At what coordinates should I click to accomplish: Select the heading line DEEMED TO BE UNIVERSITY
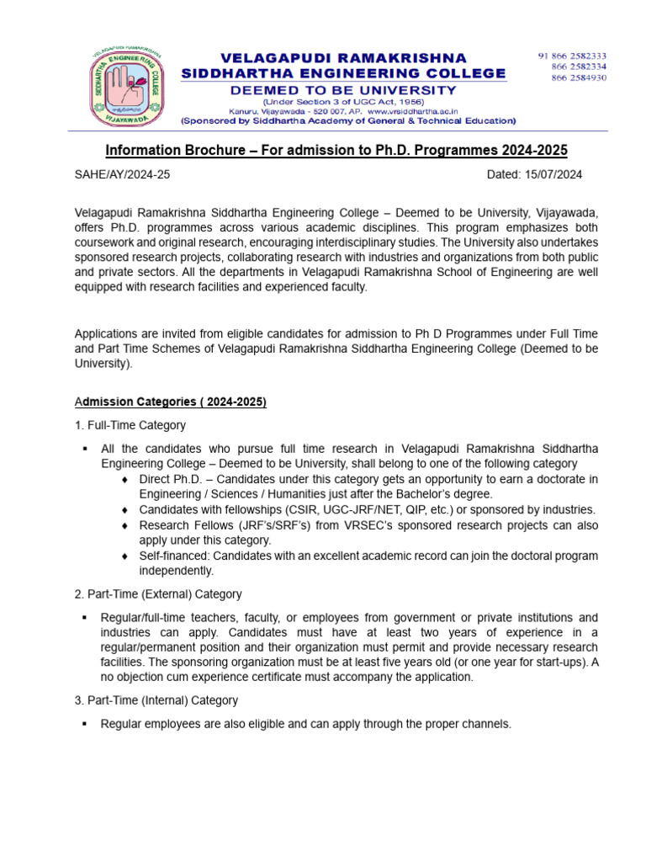click(x=344, y=90)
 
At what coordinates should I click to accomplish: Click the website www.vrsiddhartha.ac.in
click(x=411, y=110)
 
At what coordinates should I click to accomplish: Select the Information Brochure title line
click(x=336, y=150)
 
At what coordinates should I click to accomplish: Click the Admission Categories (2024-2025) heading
click(x=171, y=402)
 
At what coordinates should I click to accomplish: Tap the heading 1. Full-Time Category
click(x=130, y=425)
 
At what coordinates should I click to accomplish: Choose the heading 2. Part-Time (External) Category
click(x=158, y=594)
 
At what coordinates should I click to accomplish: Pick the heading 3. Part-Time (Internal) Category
click(x=156, y=700)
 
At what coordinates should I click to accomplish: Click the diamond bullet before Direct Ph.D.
click(x=125, y=480)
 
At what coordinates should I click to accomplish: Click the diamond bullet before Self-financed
click(x=125, y=556)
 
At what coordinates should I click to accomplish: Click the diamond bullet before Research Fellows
click(x=125, y=525)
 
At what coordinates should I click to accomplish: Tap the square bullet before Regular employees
click(x=85, y=724)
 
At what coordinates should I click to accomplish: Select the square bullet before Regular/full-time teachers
click(x=85, y=618)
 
